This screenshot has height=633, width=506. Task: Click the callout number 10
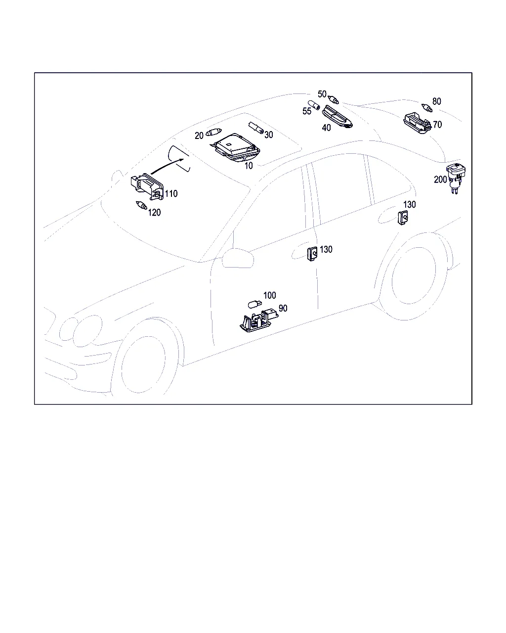point(249,166)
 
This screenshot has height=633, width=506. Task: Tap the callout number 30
point(268,135)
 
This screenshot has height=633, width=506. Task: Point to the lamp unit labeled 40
point(337,117)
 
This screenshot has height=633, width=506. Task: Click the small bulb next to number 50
point(334,100)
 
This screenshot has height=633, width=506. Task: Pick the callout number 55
point(307,111)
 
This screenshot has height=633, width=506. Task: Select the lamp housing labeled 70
point(417,123)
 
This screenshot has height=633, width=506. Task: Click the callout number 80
point(437,101)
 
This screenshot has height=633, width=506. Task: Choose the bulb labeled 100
point(254,304)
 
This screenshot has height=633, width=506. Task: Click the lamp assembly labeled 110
point(147,186)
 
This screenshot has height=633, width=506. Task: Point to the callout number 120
point(154,212)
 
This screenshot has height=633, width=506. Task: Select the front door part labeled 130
point(312,254)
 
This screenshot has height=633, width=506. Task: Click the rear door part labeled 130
point(403,218)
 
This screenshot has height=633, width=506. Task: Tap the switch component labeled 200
point(456,178)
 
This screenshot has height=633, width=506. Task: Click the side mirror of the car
point(238,258)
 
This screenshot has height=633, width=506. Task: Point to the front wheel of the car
point(143,364)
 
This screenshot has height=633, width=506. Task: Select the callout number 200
point(440,180)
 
